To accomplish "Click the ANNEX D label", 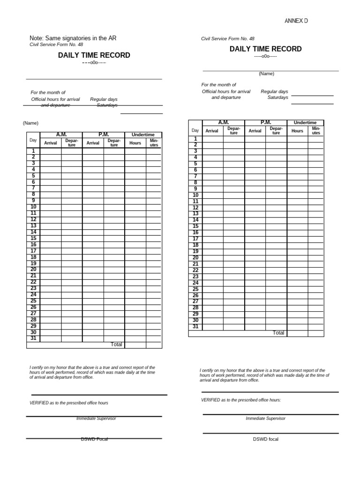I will coord(296,21).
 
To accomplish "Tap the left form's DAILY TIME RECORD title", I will coord(94,55).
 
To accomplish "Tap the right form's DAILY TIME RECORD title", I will coord(265,49).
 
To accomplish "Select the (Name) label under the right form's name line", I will coord(266,74).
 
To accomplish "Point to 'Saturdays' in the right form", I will coord(277,97).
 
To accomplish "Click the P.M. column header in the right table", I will coord(266,122).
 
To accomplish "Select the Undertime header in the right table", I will coord(305,123).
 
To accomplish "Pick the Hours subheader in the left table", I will coord(135,142).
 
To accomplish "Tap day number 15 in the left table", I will coord(33,238).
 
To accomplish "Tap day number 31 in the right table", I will coord(195,327).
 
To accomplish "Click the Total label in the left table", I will coord(116,345).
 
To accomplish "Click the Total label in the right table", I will coord(278,333).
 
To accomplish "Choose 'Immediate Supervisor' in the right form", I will coord(265,418).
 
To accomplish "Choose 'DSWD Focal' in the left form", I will coord(94,439).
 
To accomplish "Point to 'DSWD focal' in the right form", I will coord(265,439).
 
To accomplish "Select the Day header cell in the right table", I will coord(195,130).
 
